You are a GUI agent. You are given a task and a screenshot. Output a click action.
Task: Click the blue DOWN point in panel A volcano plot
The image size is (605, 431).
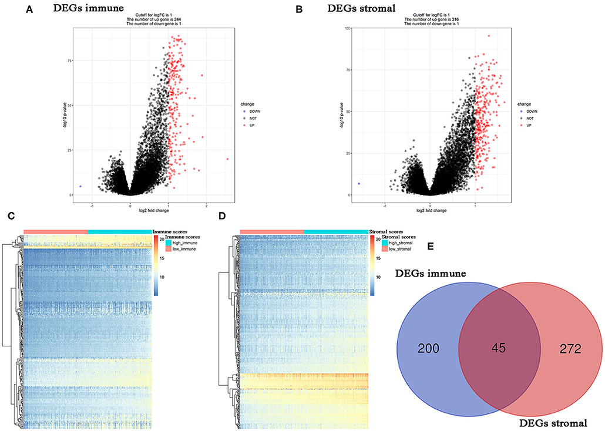(80, 186)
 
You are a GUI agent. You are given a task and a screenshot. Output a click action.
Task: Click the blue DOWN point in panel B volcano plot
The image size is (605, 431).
(359, 184)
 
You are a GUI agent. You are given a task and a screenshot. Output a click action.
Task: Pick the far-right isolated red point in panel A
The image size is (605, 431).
(227, 159)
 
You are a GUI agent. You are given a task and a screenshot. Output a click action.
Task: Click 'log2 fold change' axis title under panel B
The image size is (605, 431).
(431, 210)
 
